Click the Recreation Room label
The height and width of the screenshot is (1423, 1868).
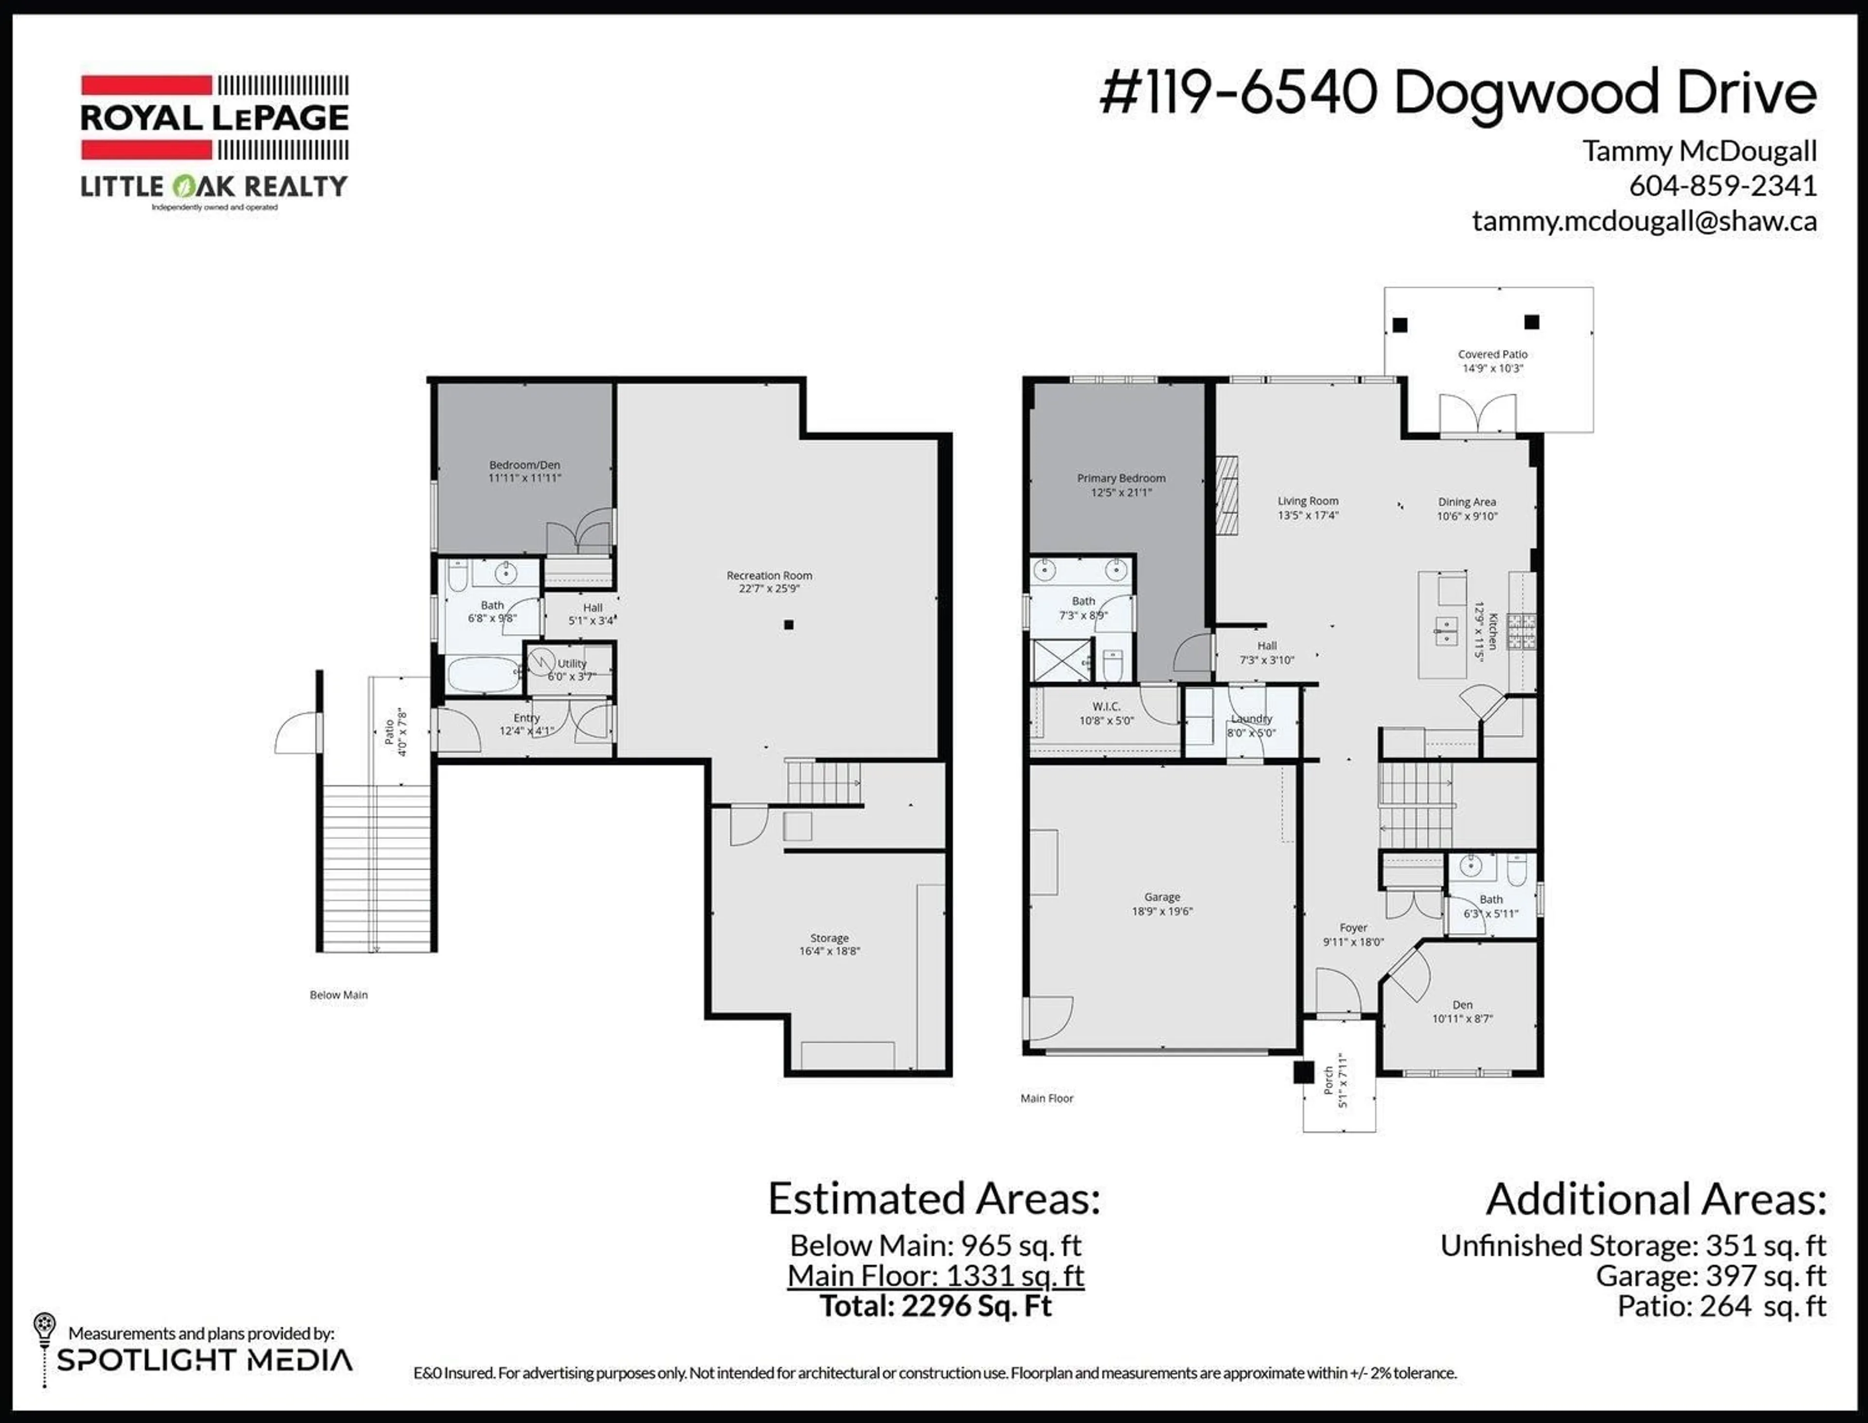pos(769,575)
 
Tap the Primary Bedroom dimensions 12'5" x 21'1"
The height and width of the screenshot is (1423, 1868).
pos(1121,492)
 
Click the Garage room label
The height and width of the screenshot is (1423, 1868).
pos(1162,897)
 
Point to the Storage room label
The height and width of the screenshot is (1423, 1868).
pos(829,938)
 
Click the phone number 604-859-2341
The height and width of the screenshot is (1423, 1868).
pos(1723,185)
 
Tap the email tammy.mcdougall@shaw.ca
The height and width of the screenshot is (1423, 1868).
pos(1644,221)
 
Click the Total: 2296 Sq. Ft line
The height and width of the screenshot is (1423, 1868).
pos(935,1305)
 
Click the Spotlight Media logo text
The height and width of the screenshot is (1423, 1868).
pos(204,1360)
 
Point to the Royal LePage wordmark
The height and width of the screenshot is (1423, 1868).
pos(214,118)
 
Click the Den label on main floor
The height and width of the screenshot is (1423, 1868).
pos(1462,1004)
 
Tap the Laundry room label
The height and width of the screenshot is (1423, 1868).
pos(1252,718)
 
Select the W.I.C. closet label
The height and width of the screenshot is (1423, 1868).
pos(1106,707)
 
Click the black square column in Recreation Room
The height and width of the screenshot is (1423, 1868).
pos(789,624)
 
